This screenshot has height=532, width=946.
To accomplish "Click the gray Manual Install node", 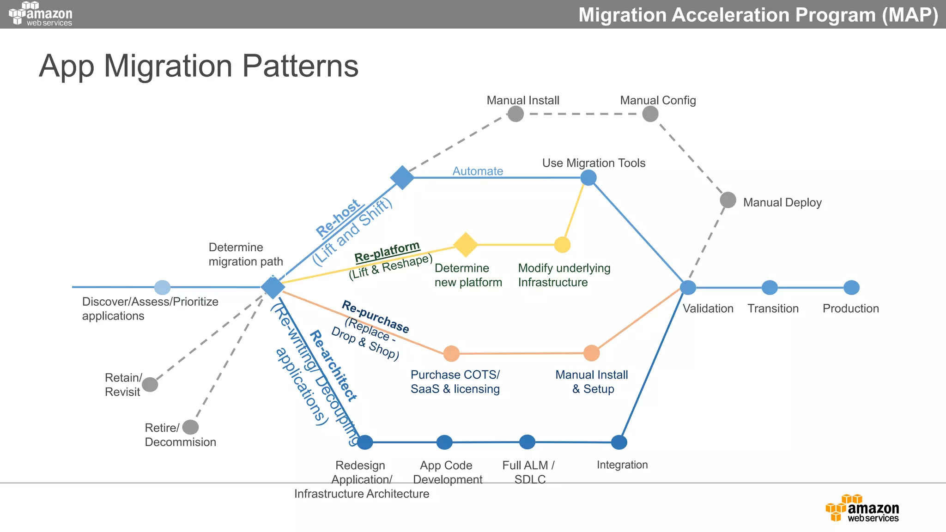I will [x=515, y=114].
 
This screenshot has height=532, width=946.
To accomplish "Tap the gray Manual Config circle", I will [x=650, y=114].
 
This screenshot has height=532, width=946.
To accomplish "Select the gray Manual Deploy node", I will [x=728, y=200].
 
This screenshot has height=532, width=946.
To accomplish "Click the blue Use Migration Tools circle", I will [x=588, y=177].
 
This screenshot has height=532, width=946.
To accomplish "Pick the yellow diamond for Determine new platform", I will [x=465, y=244].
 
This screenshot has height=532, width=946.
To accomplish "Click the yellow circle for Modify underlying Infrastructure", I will [x=562, y=245].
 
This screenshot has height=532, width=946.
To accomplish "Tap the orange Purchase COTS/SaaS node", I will [x=451, y=354].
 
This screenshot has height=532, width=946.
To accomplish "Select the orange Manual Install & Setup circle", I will [x=591, y=353].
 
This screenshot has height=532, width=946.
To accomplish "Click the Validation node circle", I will [x=688, y=287].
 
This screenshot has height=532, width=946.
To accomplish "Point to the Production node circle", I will [x=851, y=287].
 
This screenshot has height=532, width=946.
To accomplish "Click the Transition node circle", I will [x=770, y=287].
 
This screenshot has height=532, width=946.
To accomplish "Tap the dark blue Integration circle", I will [x=619, y=442].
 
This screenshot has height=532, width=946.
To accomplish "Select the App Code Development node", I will [x=444, y=442].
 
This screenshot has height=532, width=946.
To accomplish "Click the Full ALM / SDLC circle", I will [x=527, y=442].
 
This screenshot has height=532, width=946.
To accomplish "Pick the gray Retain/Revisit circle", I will [x=150, y=384].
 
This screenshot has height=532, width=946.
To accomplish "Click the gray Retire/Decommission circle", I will [x=190, y=427].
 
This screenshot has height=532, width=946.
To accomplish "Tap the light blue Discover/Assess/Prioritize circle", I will [x=162, y=287].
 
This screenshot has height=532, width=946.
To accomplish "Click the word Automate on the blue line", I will [x=478, y=171].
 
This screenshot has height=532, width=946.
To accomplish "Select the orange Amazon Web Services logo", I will [x=862, y=508].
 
